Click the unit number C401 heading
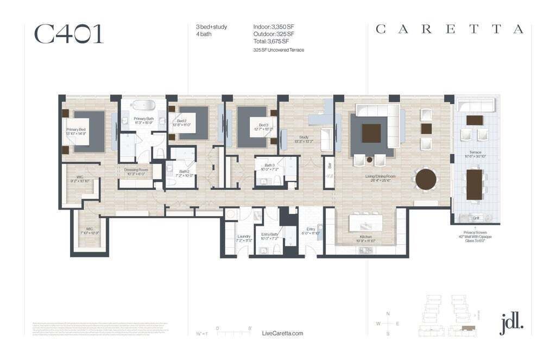tap(68, 34)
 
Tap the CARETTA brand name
tap(450, 29)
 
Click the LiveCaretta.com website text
tap(282, 333)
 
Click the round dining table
tap(426, 179)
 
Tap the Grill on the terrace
tap(476, 218)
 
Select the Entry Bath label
tap(270, 236)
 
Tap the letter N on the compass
tap(388, 314)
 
